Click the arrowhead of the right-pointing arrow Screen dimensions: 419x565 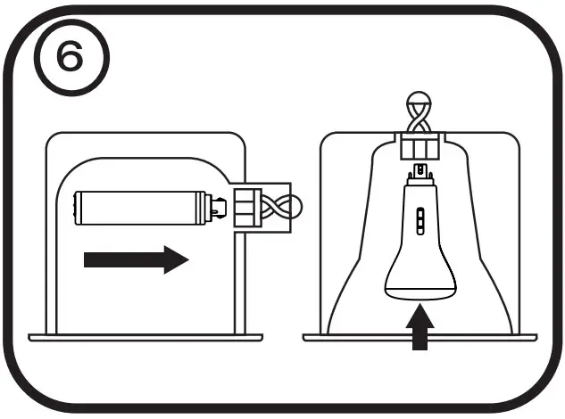tap(176, 259)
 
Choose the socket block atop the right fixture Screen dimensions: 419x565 tap(420, 144)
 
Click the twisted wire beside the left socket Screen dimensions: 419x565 tap(283, 209)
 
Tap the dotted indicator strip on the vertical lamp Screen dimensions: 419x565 tap(420, 218)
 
